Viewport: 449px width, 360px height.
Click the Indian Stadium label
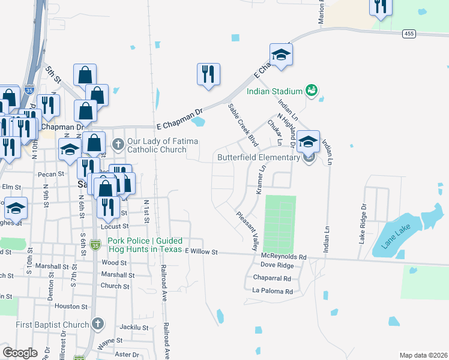tap(274, 92)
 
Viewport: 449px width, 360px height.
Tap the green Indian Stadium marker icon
tap(311, 90)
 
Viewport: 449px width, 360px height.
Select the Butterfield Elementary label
tap(258, 158)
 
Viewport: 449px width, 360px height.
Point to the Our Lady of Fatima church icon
tap(118, 144)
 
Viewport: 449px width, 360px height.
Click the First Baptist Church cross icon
tap(98, 325)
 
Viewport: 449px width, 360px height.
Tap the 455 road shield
tap(409, 34)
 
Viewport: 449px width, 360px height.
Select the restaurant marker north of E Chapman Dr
tap(208, 74)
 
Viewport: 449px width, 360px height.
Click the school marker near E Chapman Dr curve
tap(280, 56)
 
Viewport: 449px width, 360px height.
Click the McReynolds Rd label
tap(283, 257)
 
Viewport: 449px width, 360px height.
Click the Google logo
tap(20, 353)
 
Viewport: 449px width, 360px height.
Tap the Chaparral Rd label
tap(271, 278)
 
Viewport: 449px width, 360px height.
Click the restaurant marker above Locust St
tap(107, 207)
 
